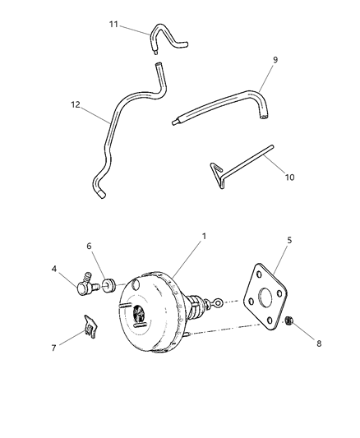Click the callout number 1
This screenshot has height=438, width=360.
204,237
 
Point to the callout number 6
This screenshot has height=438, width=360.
90,246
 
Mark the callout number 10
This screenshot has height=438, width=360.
289,177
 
